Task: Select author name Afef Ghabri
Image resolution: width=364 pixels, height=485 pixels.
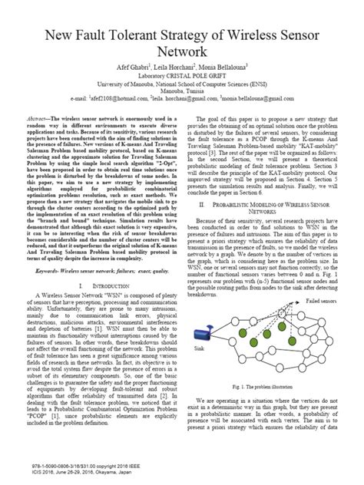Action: pyautogui.click(x=123, y=68)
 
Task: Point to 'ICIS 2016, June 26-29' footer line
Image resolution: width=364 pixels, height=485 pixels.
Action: pyautogui.click(x=75, y=472)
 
